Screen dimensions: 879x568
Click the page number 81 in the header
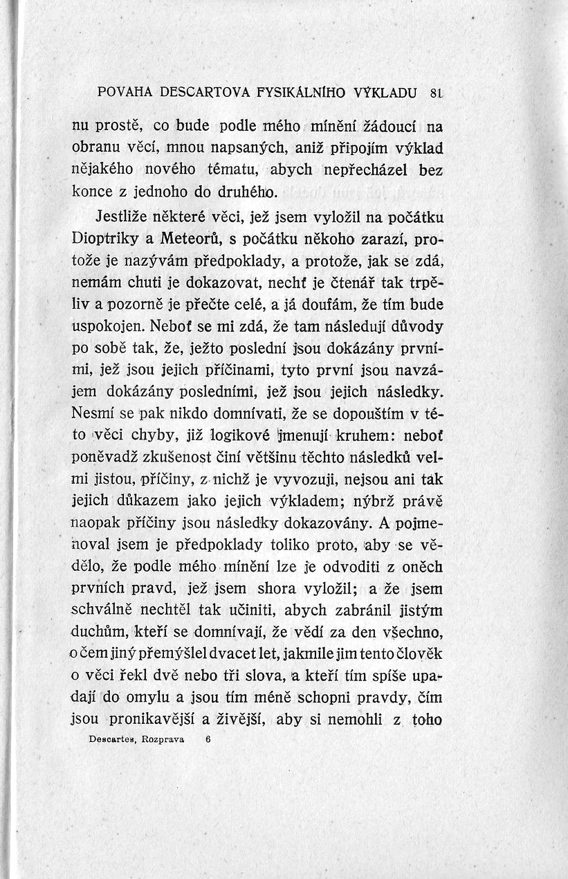pos(435,91)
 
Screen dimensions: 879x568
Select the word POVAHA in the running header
pos(125,91)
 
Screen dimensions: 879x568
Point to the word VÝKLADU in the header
pos(385,91)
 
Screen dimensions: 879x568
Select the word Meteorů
pos(192,239)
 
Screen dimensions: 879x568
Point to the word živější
pos(238,719)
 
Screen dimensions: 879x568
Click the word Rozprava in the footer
pos(162,739)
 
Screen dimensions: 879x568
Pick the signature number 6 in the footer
pos(207,739)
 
